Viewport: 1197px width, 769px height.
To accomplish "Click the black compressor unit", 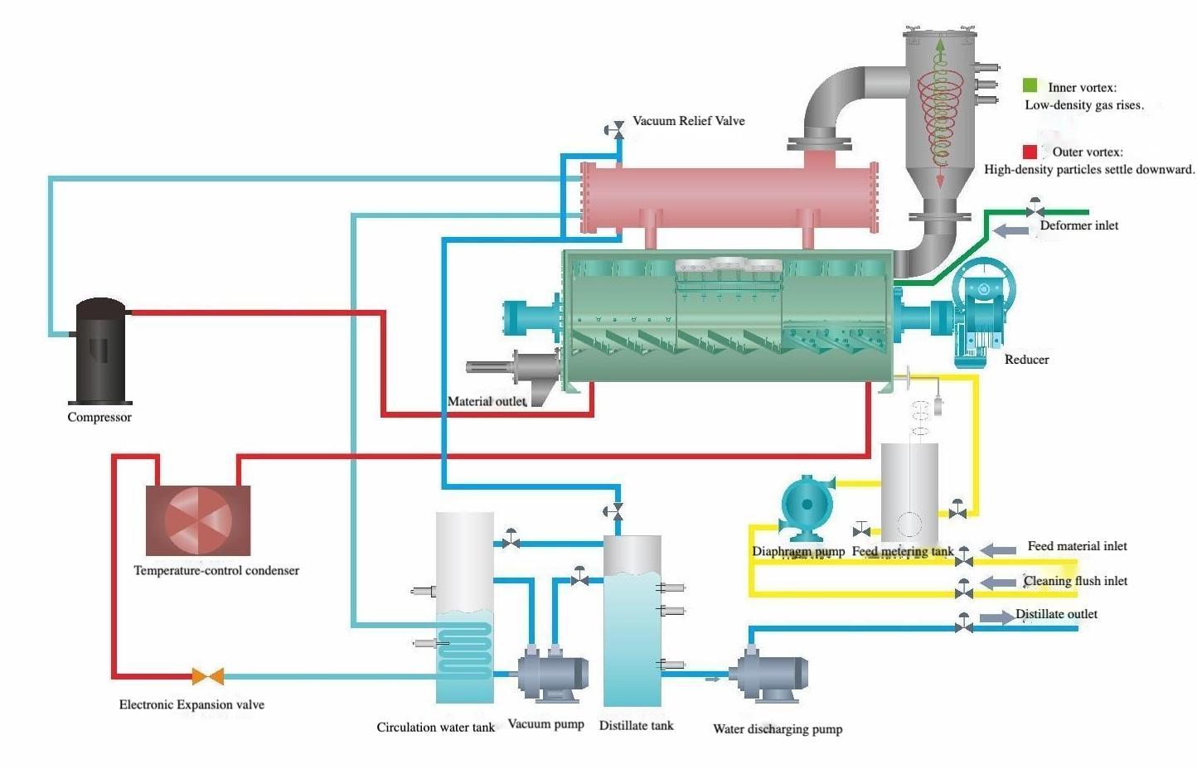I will (100, 352).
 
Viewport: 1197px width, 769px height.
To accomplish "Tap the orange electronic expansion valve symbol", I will (207, 676).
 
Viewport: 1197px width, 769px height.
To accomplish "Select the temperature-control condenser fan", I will (198, 520).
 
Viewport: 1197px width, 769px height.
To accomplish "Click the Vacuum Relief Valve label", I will (688, 121).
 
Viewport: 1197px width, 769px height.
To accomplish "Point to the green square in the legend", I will (1030, 85).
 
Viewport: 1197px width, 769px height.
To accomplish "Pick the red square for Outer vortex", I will (1030, 152).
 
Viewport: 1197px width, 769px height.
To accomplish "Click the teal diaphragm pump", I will (806, 503).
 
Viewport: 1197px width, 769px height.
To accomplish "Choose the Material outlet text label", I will (487, 402).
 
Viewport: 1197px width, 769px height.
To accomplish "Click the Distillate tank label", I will (636, 726).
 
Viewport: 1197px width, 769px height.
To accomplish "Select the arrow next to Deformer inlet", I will (1010, 230).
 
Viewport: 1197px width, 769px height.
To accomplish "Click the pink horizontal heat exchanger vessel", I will (729, 196).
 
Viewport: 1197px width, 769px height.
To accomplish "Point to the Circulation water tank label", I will (435, 728).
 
